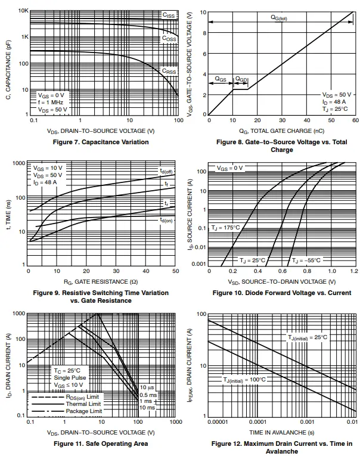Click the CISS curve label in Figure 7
169,14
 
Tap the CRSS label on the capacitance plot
169,71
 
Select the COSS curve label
169,39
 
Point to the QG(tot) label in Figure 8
280,18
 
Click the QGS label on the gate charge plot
221,78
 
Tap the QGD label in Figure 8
241,79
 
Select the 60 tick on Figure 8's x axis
355,120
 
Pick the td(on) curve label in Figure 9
166,220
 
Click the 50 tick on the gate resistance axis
175,272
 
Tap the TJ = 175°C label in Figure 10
225,228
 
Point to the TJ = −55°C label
306,260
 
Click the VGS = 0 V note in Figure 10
229,168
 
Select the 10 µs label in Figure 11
147,388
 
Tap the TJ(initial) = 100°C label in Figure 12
244,380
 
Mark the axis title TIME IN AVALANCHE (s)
281,432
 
